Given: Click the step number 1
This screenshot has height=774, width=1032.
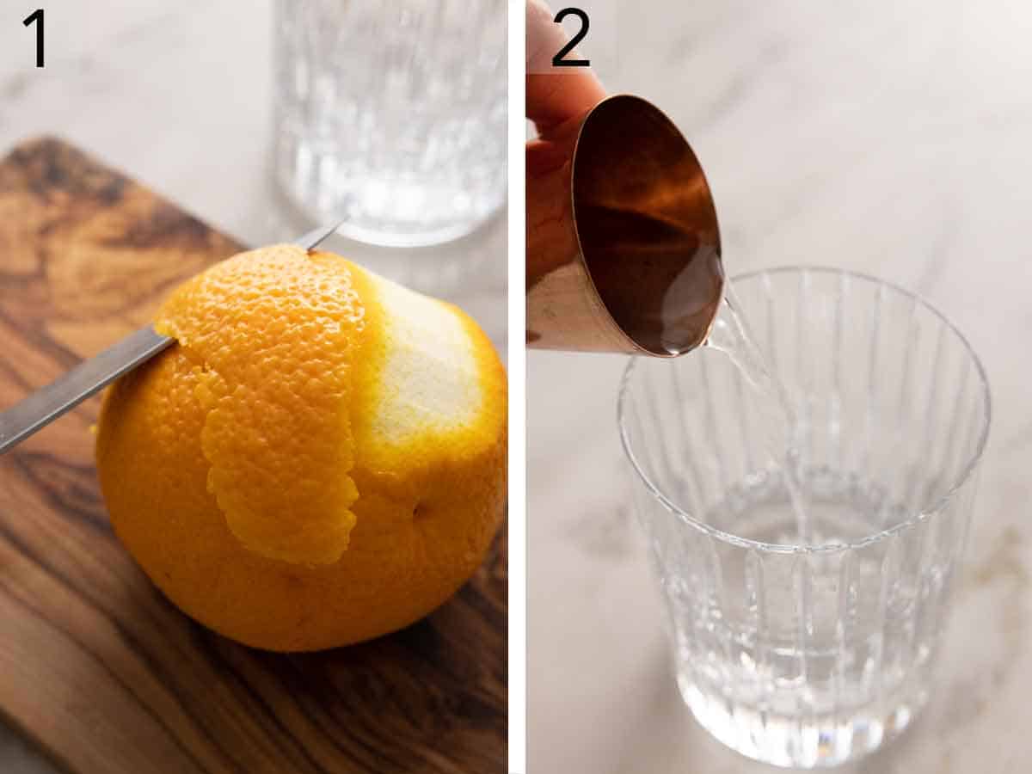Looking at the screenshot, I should coord(34,38).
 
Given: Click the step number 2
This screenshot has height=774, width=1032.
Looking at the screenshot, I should coord(570,38).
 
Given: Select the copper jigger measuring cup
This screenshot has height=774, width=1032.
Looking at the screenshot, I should coord(636,232).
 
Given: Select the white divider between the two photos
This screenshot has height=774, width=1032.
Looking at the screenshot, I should coord(516,387).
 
